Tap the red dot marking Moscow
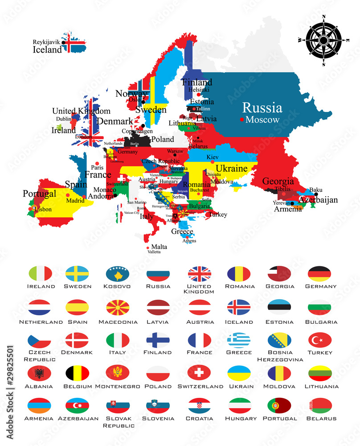pos(241,120)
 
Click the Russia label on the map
pos(262,108)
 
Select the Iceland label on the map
pos(47,50)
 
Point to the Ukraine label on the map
pos(231,169)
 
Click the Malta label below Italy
pos(159,247)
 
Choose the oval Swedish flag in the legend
pos(77,273)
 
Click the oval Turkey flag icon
pos(320,340)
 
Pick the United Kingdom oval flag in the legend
pos(199,273)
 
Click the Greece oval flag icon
pos(239,340)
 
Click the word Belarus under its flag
pos(320,418)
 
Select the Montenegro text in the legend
pos(117,386)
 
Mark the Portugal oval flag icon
pos(279,405)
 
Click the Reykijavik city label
pos(46,42)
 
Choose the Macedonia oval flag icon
pos(118,307)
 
